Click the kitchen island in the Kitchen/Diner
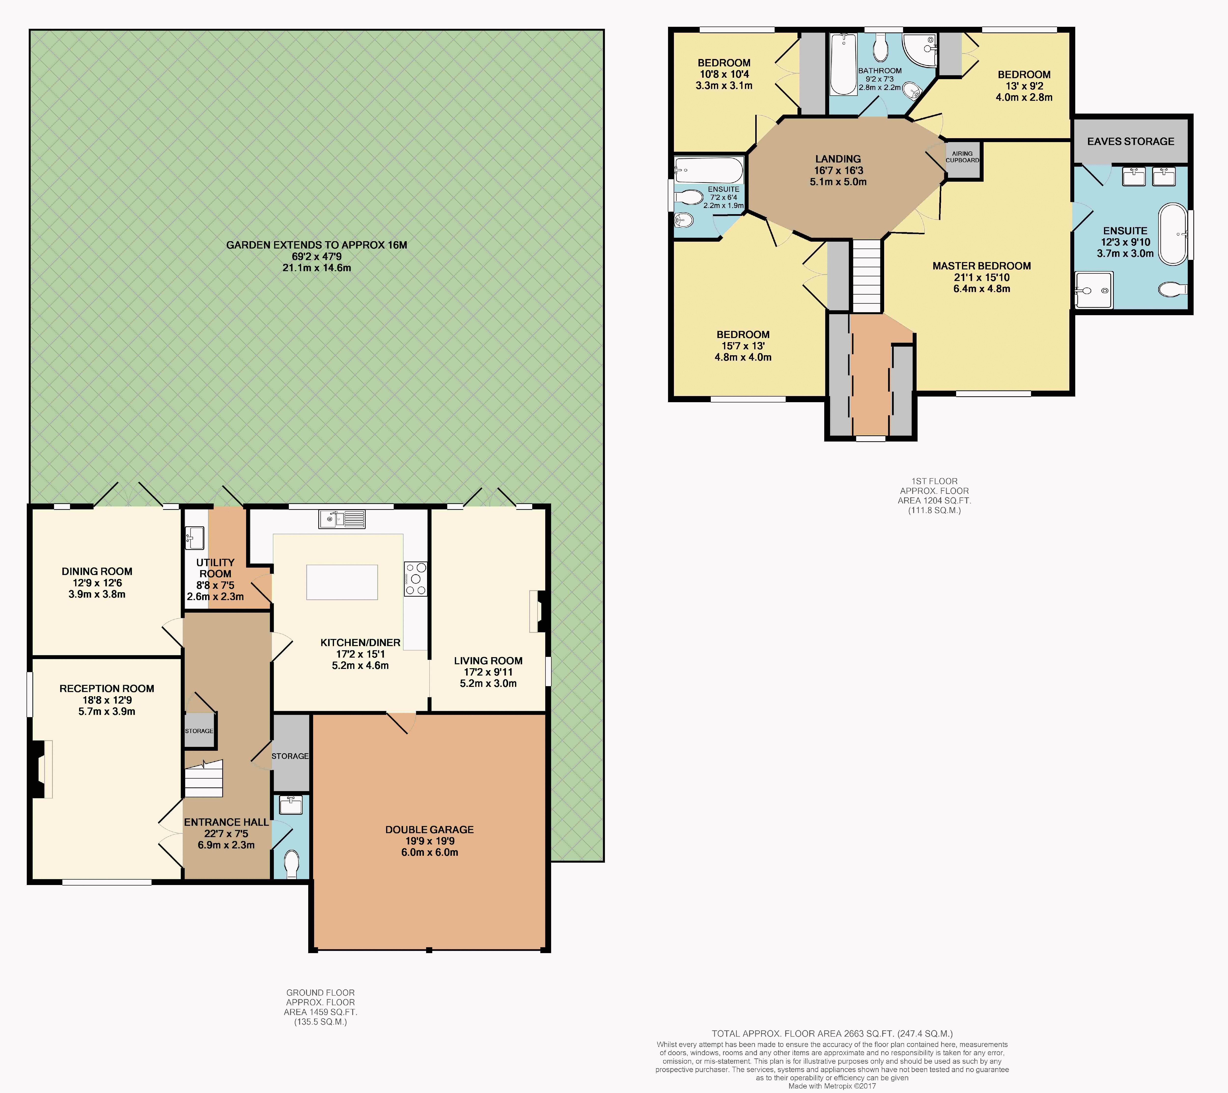342,582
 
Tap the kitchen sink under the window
342,519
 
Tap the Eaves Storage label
1131,141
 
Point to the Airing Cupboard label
963,157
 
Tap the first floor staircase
866,275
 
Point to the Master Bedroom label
982,266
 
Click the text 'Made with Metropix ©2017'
832,1086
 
